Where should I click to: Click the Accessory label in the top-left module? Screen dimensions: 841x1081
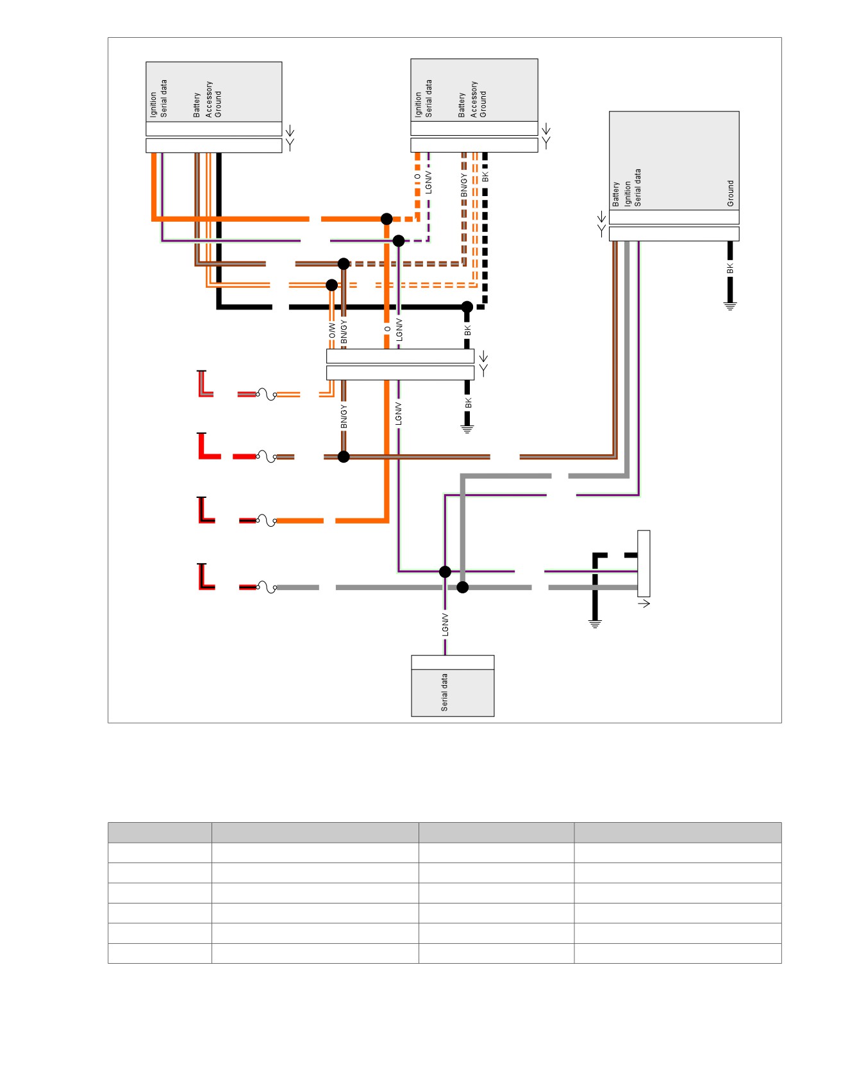tap(208, 99)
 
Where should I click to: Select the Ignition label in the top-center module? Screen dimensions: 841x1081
tap(418, 104)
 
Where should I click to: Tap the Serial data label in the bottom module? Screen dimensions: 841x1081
tap(444, 692)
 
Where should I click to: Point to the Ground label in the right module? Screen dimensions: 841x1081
tap(730, 193)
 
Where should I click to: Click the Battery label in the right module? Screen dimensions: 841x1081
tap(616, 194)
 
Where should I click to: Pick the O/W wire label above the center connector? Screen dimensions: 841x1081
tap(332, 331)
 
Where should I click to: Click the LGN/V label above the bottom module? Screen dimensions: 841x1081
tap(445, 625)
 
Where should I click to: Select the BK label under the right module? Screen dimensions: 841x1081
tap(730, 268)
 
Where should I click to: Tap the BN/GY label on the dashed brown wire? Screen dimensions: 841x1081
tap(464, 185)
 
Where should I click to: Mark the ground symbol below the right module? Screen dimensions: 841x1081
tap(730, 306)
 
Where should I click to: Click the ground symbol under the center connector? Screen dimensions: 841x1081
tap(467, 429)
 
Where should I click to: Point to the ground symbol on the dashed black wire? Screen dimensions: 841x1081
tap(595, 623)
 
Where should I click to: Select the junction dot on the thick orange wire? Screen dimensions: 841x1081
tap(387, 219)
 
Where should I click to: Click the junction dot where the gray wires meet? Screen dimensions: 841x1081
tap(463, 587)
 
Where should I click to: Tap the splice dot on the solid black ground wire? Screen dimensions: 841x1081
tap(467, 307)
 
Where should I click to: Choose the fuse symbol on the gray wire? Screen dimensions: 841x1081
tap(266, 587)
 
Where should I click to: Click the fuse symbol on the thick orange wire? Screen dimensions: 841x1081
tap(266, 520)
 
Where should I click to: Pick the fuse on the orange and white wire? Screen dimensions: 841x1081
tap(266, 394)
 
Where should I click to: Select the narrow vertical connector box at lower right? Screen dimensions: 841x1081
tap(644, 563)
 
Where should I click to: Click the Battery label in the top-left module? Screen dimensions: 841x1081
tap(197, 105)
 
